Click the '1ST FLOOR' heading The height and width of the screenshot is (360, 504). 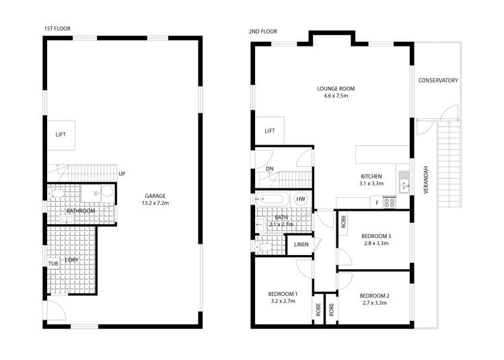57,29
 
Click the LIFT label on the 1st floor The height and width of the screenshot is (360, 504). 61,135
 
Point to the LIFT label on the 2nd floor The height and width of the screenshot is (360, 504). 270,131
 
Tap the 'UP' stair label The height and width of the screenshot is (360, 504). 122,174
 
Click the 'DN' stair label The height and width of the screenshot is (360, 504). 269,169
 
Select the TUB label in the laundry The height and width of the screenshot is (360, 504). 53,263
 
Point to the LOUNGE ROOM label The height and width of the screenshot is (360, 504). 336,89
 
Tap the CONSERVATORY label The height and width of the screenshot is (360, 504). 438,81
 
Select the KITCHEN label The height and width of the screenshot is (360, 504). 370,176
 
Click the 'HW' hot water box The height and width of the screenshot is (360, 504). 301,199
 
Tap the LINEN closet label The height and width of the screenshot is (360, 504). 301,244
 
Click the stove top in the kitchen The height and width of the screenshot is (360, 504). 389,201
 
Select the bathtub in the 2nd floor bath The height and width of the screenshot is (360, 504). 273,200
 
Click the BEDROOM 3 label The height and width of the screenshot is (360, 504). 376,236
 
